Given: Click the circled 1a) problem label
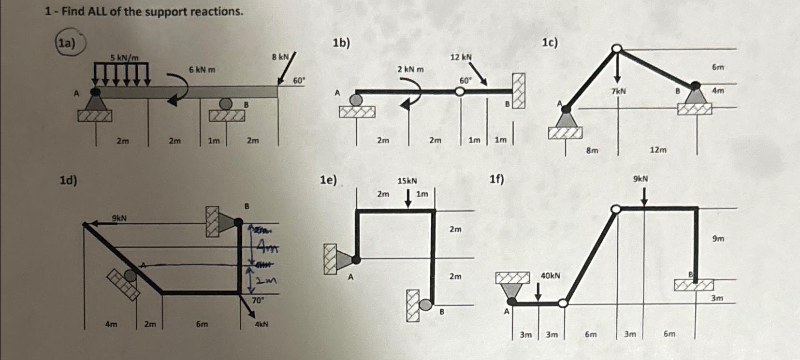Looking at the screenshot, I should coord(68,43).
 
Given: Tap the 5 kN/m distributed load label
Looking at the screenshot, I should coord(124,58).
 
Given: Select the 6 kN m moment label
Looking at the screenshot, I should coord(202,70).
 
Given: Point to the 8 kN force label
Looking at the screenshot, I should coord(280,57).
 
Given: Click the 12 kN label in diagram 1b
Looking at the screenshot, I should coord(461,58).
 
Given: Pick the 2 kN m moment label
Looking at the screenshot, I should coord(410,70).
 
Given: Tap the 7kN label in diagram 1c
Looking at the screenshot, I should coord(618,91).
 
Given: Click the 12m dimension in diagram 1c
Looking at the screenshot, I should coord(657,150).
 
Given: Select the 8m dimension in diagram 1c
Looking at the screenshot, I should coord(592,150).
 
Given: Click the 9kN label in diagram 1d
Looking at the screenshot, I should coord(119,218).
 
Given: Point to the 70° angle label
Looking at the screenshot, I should coord(258,300).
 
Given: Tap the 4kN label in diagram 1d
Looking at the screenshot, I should coord(261,324).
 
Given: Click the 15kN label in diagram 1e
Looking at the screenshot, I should coord(407,181).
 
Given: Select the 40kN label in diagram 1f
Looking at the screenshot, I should coord(550,276).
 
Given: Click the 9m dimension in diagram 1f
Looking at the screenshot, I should coord(718,239).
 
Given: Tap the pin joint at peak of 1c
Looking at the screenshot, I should coord(616,48).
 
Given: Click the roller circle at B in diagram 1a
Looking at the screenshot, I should coord(225,103).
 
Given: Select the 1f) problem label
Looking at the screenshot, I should coord(496,180).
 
